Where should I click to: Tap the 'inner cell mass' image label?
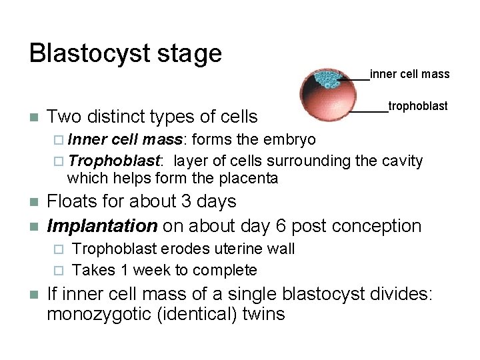(409, 74)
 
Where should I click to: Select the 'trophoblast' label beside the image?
(418, 106)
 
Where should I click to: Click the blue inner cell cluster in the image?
(327, 79)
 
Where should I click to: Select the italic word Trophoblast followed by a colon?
(115, 161)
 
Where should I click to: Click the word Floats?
(75, 201)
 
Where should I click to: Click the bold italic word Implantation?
(102, 226)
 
